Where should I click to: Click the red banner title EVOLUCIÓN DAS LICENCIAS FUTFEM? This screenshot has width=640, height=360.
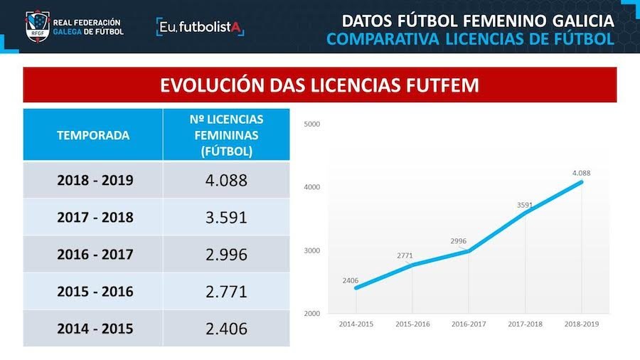point(319,85)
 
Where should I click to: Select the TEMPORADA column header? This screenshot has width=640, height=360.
point(93,134)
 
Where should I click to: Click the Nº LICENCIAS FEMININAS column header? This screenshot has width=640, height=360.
point(226,134)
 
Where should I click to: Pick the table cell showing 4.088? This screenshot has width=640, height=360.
point(226,180)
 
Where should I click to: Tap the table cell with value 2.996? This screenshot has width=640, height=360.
point(226,254)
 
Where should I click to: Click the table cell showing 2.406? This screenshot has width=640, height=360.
point(226,328)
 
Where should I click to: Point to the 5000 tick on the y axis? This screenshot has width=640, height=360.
point(312,124)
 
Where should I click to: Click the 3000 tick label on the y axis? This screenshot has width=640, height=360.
point(312,250)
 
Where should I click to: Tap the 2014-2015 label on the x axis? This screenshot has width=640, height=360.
point(356,324)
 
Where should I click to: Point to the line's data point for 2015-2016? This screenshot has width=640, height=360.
point(412,265)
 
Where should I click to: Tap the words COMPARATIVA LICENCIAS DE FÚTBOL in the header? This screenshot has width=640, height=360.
point(470,38)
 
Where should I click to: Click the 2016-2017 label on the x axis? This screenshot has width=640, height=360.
point(469,324)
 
